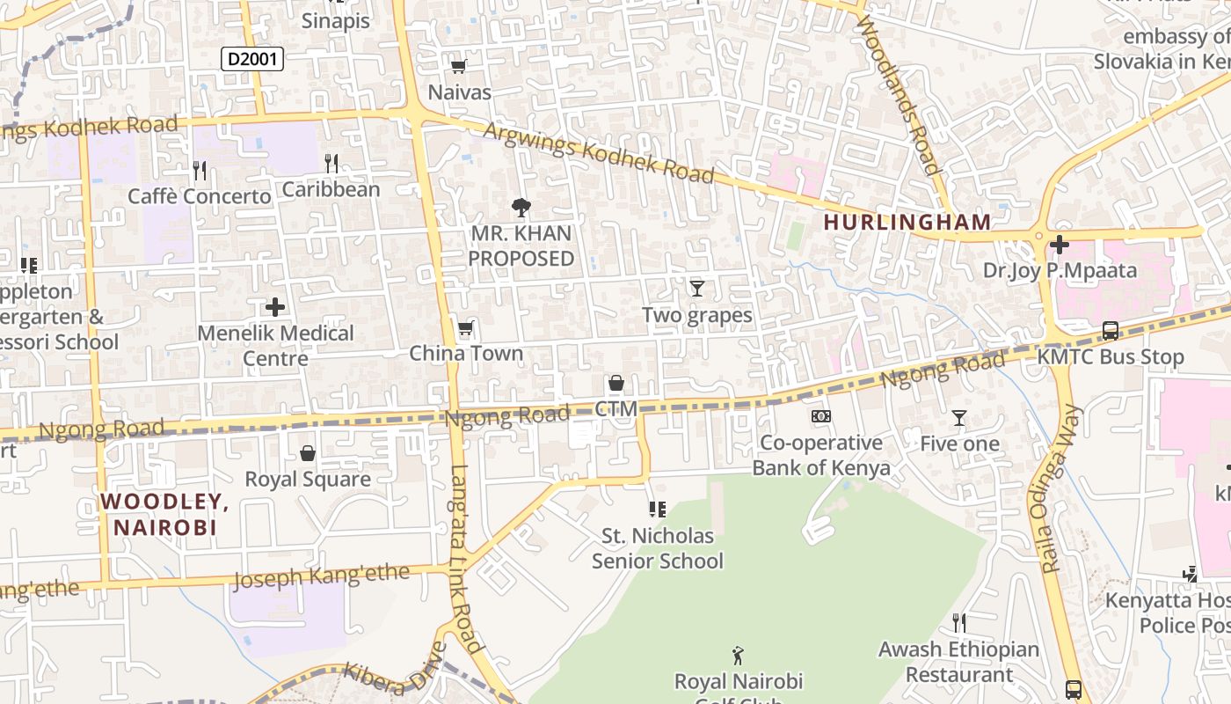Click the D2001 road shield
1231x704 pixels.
tap(251, 59)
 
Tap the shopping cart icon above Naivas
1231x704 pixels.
tap(458, 66)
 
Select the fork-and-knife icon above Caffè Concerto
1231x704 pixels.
tap(200, 170)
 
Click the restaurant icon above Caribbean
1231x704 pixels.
tap(331, 163)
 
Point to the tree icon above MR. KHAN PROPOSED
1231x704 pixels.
tap(521, 208)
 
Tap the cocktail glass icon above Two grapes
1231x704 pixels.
tap(697, 288)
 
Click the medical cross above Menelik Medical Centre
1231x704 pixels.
tap(275, 307)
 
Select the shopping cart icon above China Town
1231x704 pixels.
tap(466, 328)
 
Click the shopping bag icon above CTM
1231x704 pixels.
tap(615, 383)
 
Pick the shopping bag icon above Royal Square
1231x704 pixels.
tap(308, 453)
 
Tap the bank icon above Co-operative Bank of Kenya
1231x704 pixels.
tap(821, 416)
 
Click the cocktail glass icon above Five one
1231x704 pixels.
tap(959, 418)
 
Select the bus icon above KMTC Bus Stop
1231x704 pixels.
tap(1111, 331)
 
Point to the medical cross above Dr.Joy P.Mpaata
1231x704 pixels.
tap(1060, 245)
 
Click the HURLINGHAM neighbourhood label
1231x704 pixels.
tap(907, 223)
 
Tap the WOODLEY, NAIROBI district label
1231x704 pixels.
tap(164, 515)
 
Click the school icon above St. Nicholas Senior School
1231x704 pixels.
tap(657, 510)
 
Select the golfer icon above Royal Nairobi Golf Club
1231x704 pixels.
tap(739, 656)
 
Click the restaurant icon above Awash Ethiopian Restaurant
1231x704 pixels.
tap(959, 623)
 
